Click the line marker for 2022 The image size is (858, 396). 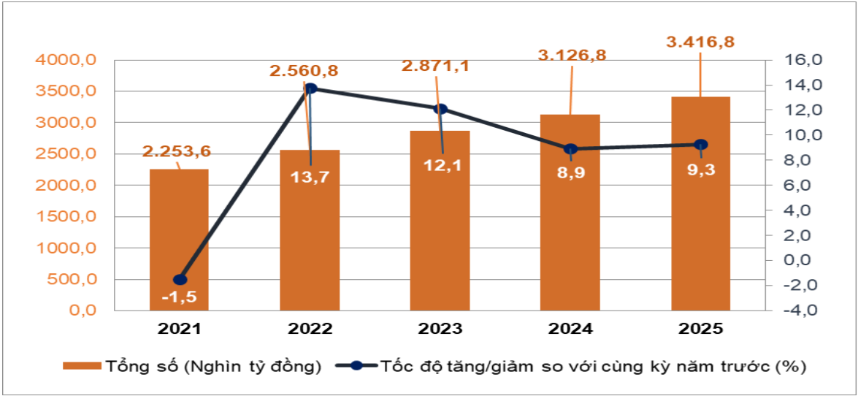(310, 88)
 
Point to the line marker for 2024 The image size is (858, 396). (571, 149)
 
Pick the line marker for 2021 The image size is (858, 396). (180, 280)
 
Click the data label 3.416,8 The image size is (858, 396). (700, 42)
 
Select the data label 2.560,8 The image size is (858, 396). (304, 71)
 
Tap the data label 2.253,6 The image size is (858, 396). (176, 151)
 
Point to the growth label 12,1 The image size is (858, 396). (441, 165)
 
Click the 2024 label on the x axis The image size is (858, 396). (570, 329)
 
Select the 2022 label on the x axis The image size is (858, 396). (310, 329)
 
